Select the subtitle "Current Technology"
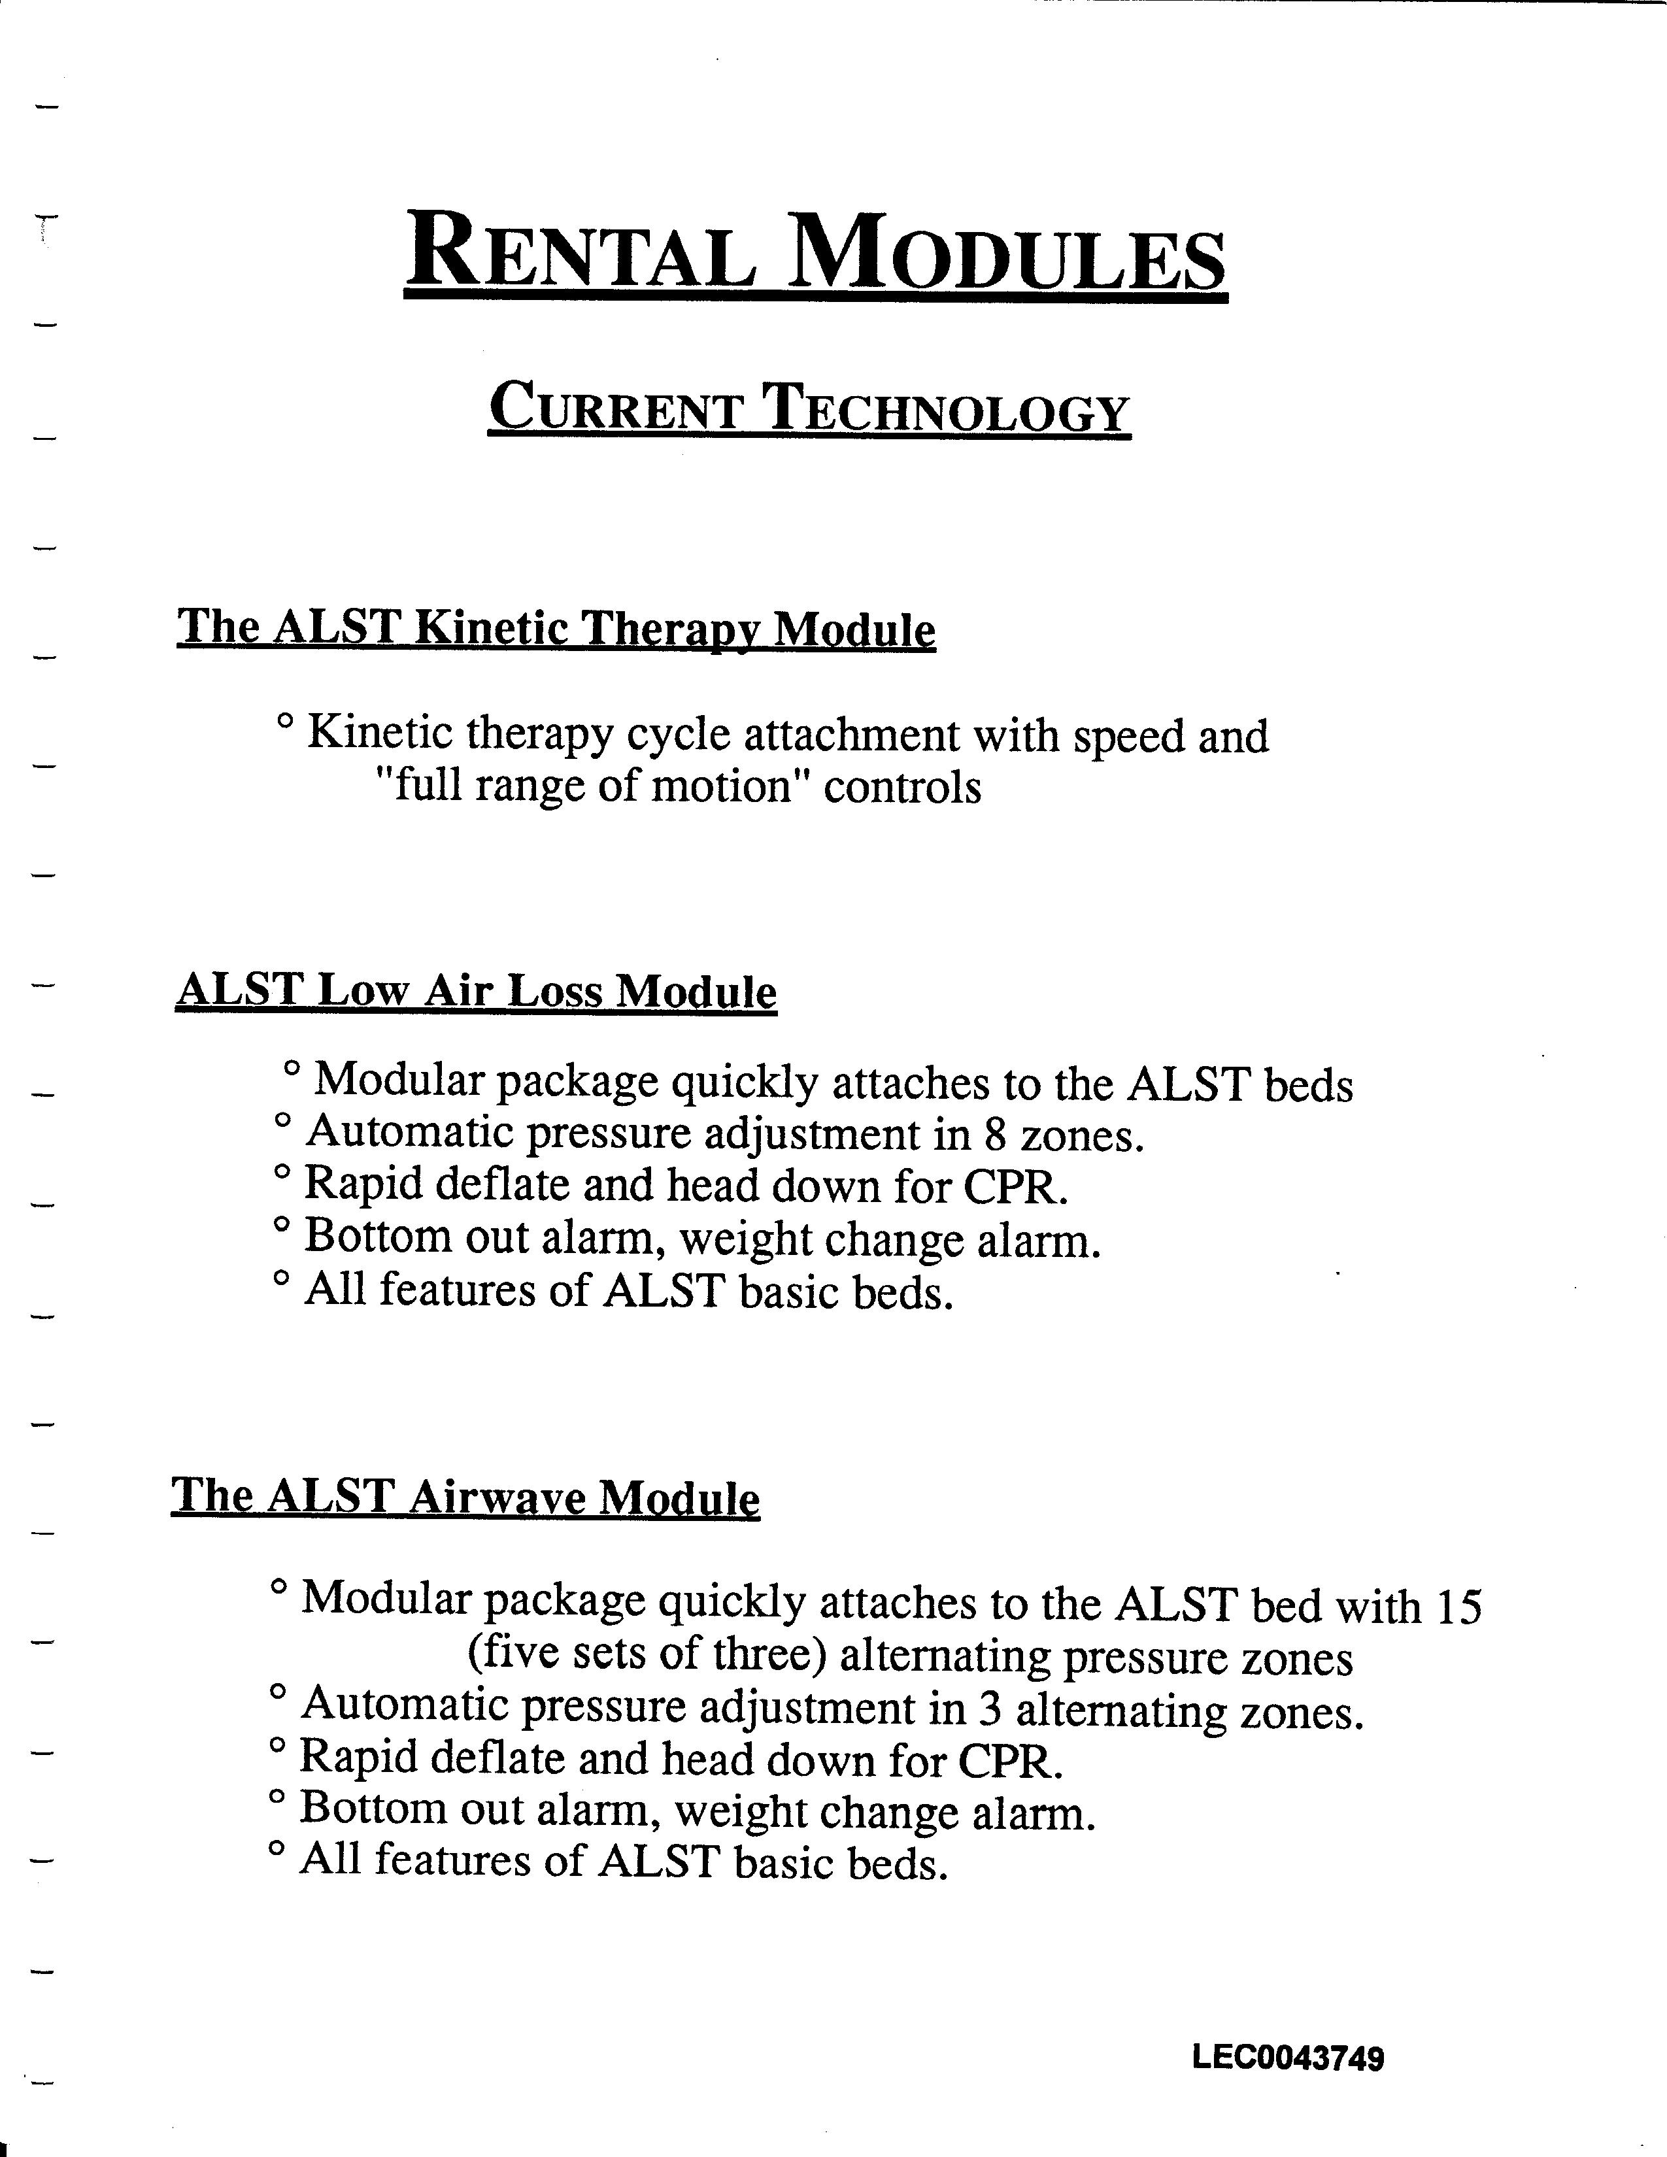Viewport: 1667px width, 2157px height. pyautogui.click(x=809, y=409)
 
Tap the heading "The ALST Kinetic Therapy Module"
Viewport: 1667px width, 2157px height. pyautogui.click(x=556, y=628)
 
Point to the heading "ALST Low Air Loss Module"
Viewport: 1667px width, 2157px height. pyautogui.click(x=476, y=991)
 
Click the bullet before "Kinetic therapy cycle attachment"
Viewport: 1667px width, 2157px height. pyautogui.click(x=286, y=724)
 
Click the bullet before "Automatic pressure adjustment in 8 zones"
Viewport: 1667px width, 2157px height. pyautogui.click(x=282, y=1121)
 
